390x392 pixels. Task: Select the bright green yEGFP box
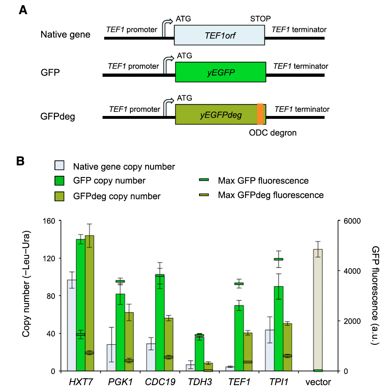point(220,72)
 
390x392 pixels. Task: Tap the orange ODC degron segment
point(260,114)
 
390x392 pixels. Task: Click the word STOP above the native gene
point(260,19)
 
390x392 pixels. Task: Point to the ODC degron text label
point(273,132)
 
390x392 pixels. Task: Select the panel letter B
point(21,160)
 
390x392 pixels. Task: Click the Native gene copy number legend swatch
point(59,166)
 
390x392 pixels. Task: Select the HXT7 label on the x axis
point(80,382)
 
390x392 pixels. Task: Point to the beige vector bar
point(318,309)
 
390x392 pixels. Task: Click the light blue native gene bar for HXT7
point(71,325)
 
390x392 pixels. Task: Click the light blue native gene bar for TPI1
point(270,350)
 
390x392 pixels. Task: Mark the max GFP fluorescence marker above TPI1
point(279,259)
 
